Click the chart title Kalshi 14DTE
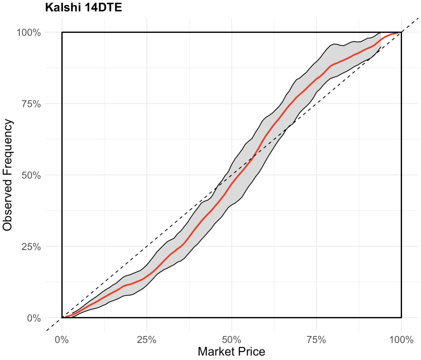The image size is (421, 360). (83, 7)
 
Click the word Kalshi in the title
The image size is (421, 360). (63, 7)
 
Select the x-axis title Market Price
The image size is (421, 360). (231, 351)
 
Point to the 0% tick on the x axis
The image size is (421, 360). (62, 340)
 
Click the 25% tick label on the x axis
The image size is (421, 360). (147, 340)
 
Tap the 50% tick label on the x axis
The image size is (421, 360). (232, 340)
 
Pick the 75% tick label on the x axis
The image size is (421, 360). (316, 340)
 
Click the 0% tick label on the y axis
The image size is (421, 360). (34, 318)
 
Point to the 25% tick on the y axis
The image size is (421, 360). (31, 247)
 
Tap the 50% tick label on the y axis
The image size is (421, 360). (31, 175)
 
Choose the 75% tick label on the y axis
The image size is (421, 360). (31, 104)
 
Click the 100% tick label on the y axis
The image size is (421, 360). (29, 33)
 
